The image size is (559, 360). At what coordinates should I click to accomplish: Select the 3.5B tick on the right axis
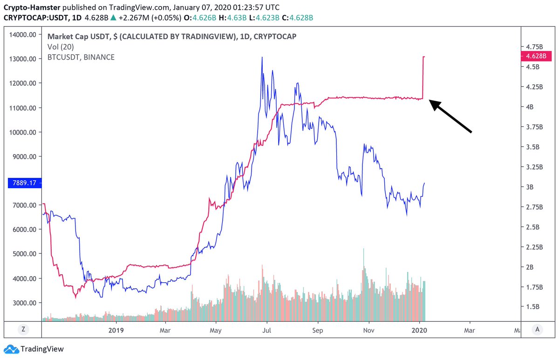532,147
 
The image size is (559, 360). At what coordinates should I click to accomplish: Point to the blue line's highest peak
262,57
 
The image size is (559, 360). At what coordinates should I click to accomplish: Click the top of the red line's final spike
423,57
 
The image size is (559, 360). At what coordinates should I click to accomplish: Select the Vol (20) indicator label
61,47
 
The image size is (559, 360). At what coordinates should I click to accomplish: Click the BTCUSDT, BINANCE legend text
81,57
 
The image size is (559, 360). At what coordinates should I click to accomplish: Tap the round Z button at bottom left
22,329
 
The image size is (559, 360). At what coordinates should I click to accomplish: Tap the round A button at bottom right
538,329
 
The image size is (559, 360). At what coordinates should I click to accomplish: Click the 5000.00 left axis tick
24,254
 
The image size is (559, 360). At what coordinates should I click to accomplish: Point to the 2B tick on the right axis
530,267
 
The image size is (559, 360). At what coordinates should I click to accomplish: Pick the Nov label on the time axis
369,330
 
